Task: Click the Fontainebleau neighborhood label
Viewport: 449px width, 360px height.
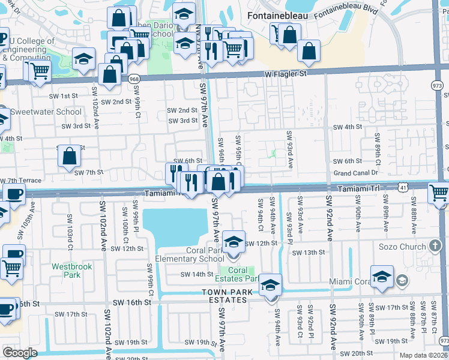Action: click(x=279, y=14)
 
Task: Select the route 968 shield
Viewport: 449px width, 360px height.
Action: click(x=133, y=79)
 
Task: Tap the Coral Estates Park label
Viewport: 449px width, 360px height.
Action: click(x=243, y=274)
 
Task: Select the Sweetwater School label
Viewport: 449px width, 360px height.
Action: click(x=46, y=112)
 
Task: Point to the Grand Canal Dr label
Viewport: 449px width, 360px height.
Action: click(x=356, y=173)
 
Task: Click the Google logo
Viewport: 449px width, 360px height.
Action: click(x=20, y=353)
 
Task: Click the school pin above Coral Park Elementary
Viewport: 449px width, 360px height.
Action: click(x=234, y=241)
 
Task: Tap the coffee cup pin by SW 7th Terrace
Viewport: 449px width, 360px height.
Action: click(x=14, y=194)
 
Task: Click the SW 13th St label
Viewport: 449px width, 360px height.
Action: click(x=308, y=253)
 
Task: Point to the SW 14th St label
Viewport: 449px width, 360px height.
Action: click(x=197, y=274)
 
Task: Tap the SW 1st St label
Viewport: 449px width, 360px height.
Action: click(x=64, y=96)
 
